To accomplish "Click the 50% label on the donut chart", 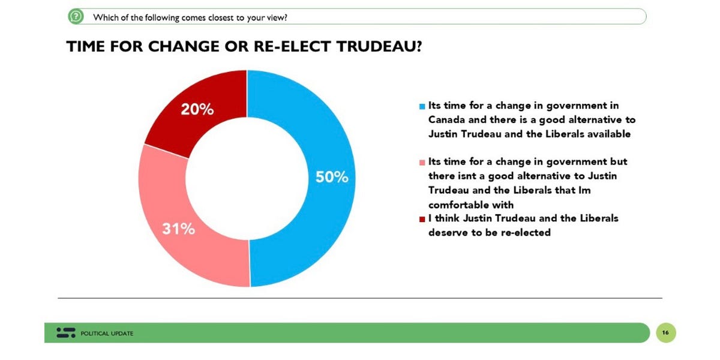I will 332,178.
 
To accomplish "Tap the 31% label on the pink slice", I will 178,229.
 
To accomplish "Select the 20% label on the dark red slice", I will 197,110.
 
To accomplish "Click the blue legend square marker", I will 422,107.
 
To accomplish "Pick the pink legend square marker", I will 422,163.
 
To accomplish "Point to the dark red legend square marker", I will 422,218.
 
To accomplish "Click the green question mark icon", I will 76,17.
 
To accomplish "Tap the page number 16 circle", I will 665,332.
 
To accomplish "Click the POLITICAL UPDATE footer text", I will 107,333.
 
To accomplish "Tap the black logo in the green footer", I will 66,332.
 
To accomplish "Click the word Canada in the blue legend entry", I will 445,120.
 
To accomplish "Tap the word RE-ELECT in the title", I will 286,47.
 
